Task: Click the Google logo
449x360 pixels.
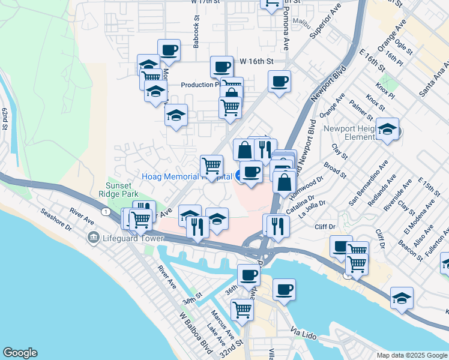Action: tap(20, 353)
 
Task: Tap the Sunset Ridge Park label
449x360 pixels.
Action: tap(121, 190)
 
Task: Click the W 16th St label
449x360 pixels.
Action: tap(256, 61)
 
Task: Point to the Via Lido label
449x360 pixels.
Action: tap(303, 332)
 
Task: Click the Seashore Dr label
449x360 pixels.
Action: tap(56, 221)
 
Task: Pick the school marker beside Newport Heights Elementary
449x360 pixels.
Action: tap(388, 129)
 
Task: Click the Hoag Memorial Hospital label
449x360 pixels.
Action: tap(187, 176)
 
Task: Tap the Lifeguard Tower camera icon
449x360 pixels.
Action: tap(93, 238)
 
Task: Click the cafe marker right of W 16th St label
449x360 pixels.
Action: tap(279, 81)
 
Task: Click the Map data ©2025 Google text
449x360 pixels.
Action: tap(411, 355)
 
